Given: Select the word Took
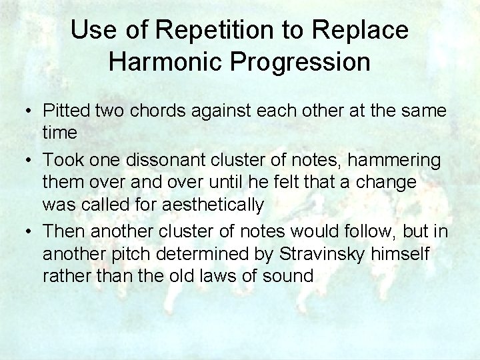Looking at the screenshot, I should tap(61, 161).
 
